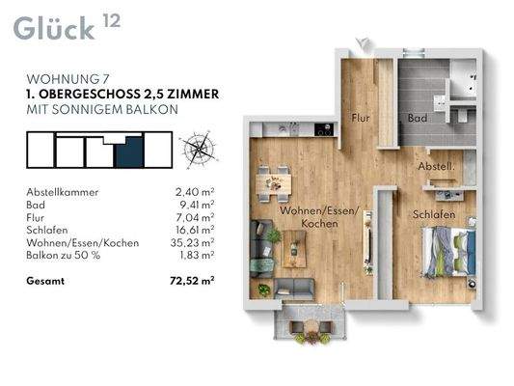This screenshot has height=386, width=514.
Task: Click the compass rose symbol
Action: pyautogui.click(x=200, y=150)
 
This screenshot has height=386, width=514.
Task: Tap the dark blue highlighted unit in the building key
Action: pyautogui.click(x=130, y=152)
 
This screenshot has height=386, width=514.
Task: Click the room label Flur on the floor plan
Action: pyautogui.click(x=361, y=118)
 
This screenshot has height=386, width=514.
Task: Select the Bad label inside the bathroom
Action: pyautogui.click(x=418, y=118)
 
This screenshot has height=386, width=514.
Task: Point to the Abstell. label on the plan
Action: pyautogui.click(x=436, y=166)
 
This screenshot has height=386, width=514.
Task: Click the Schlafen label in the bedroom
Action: pyautogui.click(x=434, y=214)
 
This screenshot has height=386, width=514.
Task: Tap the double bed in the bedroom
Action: pyautogui.click(x=449, y=252)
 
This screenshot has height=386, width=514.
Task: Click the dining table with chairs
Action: pyautogui.click(x=273, y=184)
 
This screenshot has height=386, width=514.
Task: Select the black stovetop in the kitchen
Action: pyautogui.click(x=324, y=129)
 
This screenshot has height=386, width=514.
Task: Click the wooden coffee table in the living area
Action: pyautogui.click(x=294, y=249)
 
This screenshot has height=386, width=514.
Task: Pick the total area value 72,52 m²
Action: pyautogui.click(x=193, y=281)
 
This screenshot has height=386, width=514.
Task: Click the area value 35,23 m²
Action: pyautogui.click(x=193, y=242)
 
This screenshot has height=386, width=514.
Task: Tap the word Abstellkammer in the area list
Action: pyautogui.click(x=63, y=192)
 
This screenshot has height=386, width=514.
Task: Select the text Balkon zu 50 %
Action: pyautogui.click(x=64, y=255)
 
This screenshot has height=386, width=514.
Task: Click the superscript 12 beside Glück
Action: pyautogui.click(x=112, y=21)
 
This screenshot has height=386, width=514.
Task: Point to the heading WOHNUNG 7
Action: pyautogui.click(x=68, y=79)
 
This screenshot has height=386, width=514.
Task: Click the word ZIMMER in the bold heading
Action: pyautogui.click(x=193, y=95)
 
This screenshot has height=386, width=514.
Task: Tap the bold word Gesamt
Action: pyautogui.click(x=45, y=281)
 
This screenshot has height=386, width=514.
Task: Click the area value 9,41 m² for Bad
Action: pyautogui.click(x=197, y=205)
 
